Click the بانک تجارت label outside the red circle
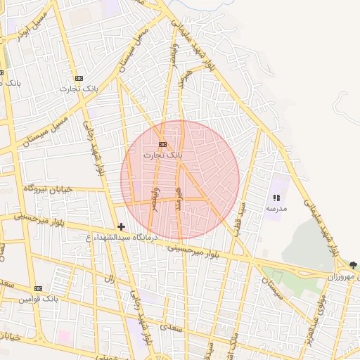point(78,89)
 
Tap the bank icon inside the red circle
point(163,144)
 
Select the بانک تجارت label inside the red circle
point(162,154)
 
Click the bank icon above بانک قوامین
point(37,288)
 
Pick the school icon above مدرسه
point(276,198)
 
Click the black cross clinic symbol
point(122,226)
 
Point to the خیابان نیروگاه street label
point(49,188)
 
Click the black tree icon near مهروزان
point(352,265)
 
